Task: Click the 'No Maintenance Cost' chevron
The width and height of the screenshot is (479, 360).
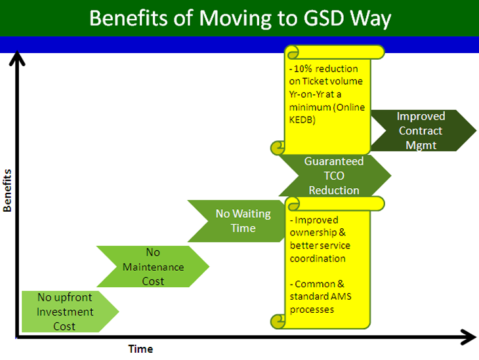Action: click(x=153, y=267)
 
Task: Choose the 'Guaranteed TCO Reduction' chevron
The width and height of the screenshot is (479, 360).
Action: click(x=335, y=176)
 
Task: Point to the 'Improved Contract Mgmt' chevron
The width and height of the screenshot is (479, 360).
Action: click(x=423, y=130)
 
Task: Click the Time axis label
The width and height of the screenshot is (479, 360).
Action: click(x=140, y=349)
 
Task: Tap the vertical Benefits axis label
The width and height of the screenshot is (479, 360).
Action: click(x=7, y=191)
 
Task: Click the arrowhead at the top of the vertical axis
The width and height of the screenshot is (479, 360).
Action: click(x=17, y=58)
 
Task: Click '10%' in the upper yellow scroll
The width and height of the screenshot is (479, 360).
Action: click(x=302, y=69)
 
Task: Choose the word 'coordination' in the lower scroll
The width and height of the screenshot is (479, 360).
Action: click(x=318, y=258)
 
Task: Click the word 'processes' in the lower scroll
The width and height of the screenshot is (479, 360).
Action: click(x=312, y=310)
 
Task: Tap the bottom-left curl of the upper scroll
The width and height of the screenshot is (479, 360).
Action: click(x=278, y=148)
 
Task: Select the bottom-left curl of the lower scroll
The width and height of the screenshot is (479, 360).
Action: click(x=278, y=321)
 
